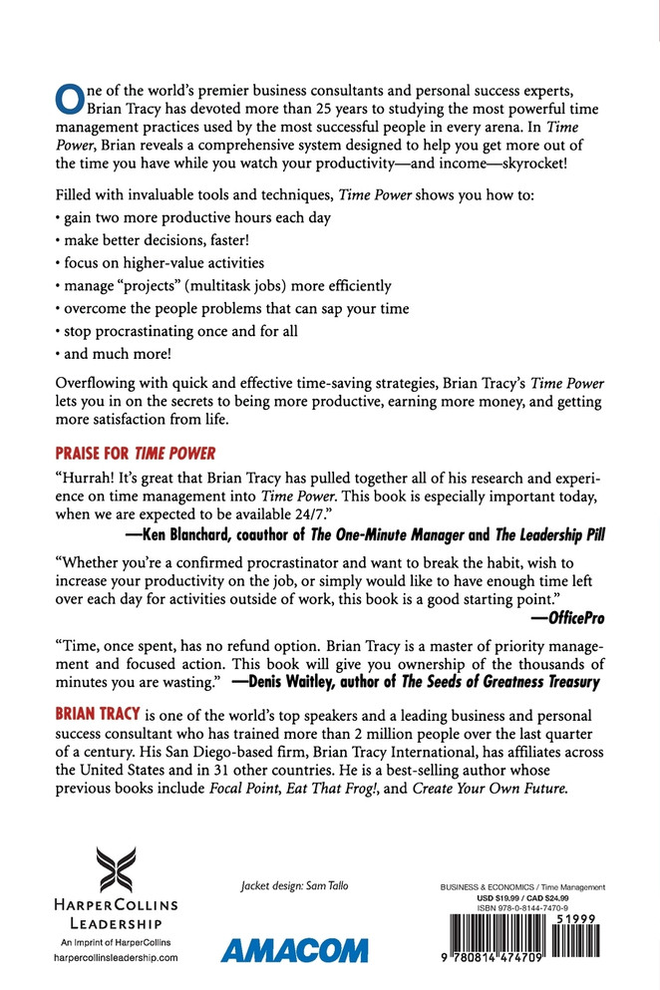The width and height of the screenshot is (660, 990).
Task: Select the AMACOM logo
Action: (x=294, y=949)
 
